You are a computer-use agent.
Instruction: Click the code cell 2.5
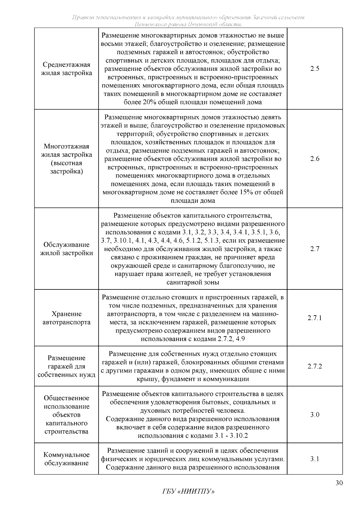tap(315, 69)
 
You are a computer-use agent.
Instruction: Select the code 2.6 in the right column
tap(315, 159)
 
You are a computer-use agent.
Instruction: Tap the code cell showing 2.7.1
tap(315, 318)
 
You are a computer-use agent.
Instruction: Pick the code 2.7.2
tap(315, 367)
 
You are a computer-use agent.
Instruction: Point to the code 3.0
tap(315, 415)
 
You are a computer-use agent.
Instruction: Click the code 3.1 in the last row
tap(315, 459)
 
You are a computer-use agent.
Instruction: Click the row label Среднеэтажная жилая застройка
tap(66, 69)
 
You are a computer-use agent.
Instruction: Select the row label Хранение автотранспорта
tap(66, 318)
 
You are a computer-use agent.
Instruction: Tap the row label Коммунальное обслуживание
tap(66, 459)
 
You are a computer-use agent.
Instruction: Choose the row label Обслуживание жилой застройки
tap(66, 249)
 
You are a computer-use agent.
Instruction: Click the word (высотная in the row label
tap(66, 163)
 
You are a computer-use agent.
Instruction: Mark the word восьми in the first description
tap(111, 44)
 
